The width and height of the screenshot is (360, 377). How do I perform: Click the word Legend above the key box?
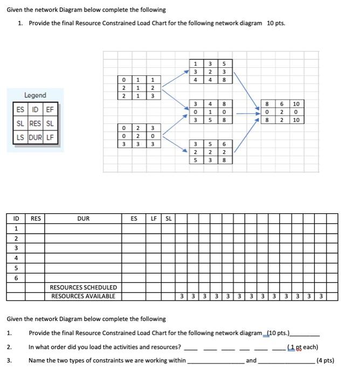35,95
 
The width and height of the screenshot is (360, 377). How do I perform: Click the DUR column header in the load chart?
84,219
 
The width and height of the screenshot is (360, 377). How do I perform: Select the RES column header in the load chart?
35,219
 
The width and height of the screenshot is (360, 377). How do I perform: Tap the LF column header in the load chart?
154,219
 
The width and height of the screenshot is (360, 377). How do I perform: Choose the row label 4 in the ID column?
16,258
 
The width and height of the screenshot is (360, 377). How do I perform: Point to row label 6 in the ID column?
16,278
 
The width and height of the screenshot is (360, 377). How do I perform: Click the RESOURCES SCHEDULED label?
83,288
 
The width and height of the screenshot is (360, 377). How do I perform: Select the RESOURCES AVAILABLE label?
83,296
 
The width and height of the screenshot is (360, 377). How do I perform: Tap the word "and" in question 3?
251,360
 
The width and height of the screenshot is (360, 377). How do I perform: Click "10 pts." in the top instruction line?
276,23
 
